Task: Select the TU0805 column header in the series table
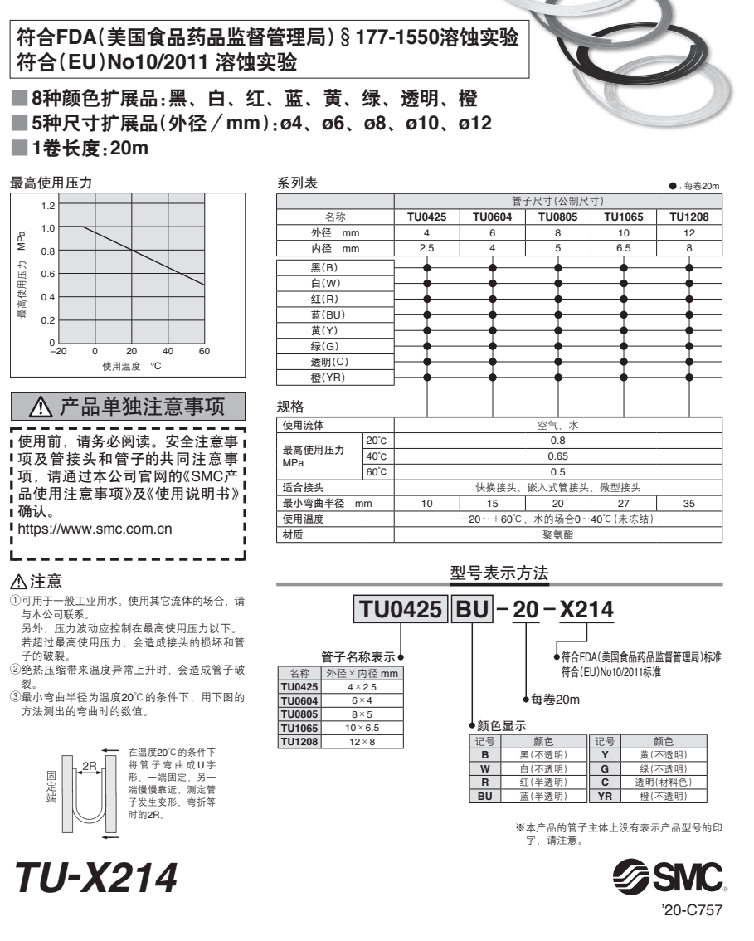(557, 217)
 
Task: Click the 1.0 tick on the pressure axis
(46, 227)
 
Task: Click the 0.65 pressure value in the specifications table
(557, 456)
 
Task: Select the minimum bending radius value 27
(623, 503)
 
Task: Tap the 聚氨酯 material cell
(557, 534)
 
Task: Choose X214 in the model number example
(587, 612)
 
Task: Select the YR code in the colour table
(605, 796)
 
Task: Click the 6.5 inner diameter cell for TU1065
(623, 248)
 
